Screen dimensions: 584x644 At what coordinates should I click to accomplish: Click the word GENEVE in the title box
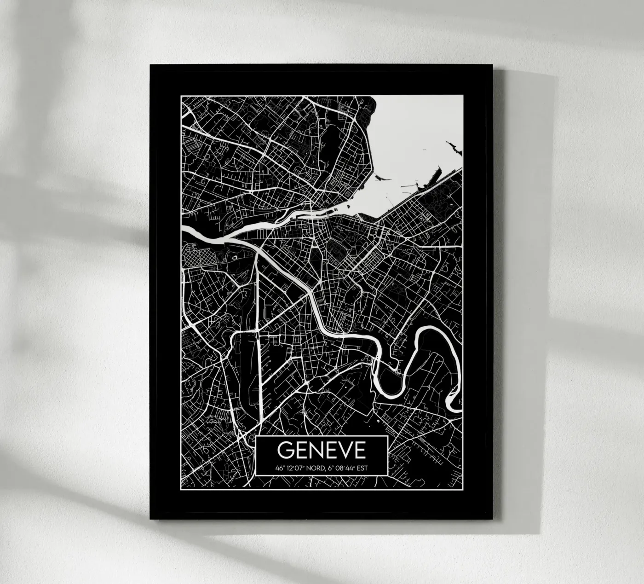pyautogui.click(x=322, y=450)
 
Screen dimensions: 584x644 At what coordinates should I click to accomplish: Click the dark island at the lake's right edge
pyautogui.click(x=453, y=148)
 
